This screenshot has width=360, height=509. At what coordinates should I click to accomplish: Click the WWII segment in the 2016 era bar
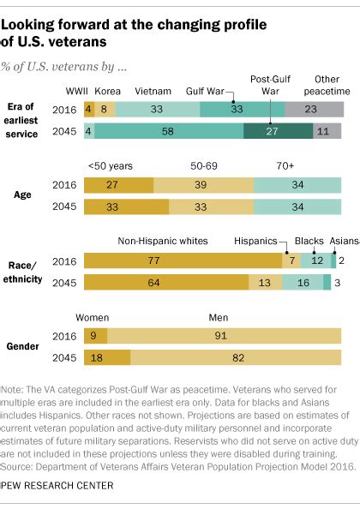[x=89, y=109]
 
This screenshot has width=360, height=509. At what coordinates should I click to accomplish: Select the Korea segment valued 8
[x=105, y=109]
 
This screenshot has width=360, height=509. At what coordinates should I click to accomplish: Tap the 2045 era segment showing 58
[x=169, y=131]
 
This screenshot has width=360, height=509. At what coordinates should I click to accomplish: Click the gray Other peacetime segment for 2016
[x=315, y=109]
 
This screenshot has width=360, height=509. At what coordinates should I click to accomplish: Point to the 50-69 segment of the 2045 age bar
[x=212, y=207]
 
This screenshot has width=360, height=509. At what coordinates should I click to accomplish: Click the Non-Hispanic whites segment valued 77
[x=183, y=260]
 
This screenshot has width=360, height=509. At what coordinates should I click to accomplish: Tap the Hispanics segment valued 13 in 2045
[x=266, y=282]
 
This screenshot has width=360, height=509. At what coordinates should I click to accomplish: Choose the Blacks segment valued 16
[x=303, y=282]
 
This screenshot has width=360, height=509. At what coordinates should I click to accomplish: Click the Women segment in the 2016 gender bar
[x=95, y=336]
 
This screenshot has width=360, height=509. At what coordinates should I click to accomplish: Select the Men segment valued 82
[x=236, y=357]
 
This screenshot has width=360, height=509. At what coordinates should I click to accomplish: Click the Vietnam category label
[x=153, y=91]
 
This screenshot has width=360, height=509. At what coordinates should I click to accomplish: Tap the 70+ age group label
[x=285, y=166]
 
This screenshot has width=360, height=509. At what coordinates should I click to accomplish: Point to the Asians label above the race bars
[x=345, y=241]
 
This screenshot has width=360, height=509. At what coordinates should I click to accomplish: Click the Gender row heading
[x=23, y=346]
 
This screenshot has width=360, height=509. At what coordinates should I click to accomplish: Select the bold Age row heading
[x=22, y=195]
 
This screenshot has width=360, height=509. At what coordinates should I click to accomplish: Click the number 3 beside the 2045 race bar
[x=338, y=283]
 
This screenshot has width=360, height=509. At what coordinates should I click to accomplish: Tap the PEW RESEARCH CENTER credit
[x=57, y=486]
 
